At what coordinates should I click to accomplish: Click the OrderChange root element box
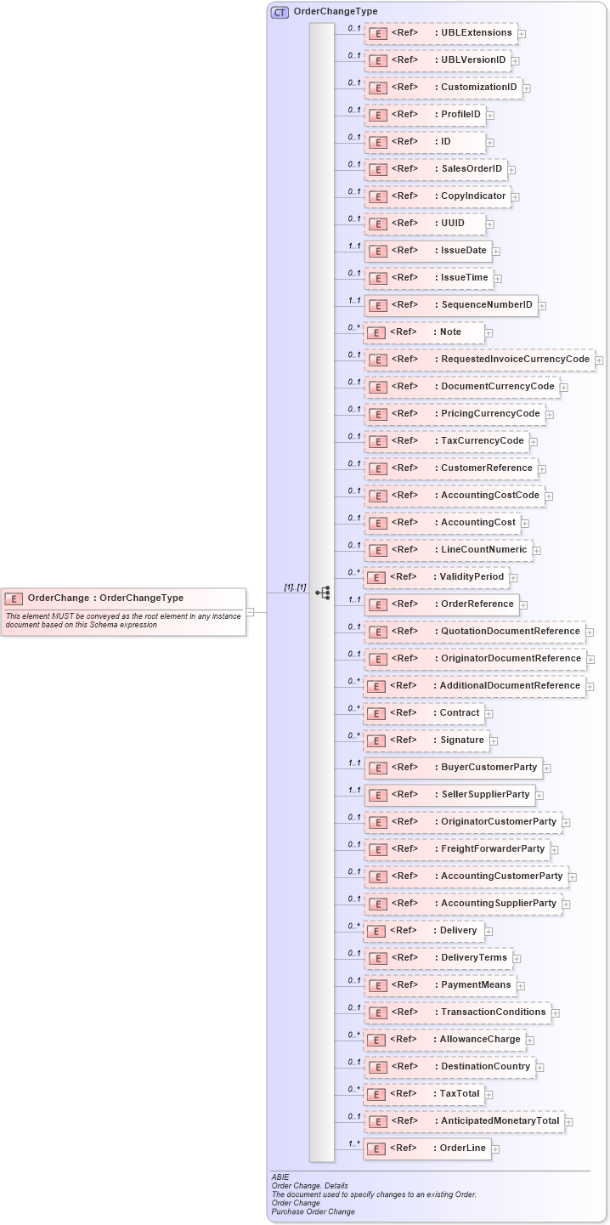pyautogui.click(x=123, y=598)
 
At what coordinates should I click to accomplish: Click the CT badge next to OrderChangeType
pyautogui.click(x=280, y=12)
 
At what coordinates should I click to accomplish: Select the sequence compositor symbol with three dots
pyautogui.click(x=322, y=593)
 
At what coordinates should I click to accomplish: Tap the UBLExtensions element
pyautogui.click(x=440, y=33)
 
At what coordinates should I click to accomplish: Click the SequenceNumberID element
pyautogui.click(x=450, y=305)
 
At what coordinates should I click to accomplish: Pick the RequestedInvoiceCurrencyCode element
pyautogui.click(x=479, y=360)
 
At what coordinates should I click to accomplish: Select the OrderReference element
pyautogui.click(x=441, y=604)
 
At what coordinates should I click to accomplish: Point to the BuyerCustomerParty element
pyautogui.click(x=453, y=768)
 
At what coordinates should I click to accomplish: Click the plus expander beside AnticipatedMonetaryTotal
pyautogui.click(x=568, y=1122)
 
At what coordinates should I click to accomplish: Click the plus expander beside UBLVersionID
pyautogui.click(x=516, y=61)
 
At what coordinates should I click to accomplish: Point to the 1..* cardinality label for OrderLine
pyautogui.click(x=353, y=1143)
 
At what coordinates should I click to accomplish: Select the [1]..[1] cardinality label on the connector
pyautogui.click(x=295, y=587)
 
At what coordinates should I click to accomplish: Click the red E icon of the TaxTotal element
pyautogui.click(x=376, y=1094)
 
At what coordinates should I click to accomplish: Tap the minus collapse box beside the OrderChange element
pyautogui.click(x=250, y=611)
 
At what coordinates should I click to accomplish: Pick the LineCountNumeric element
pyautogui.click(x=448, y=550)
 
